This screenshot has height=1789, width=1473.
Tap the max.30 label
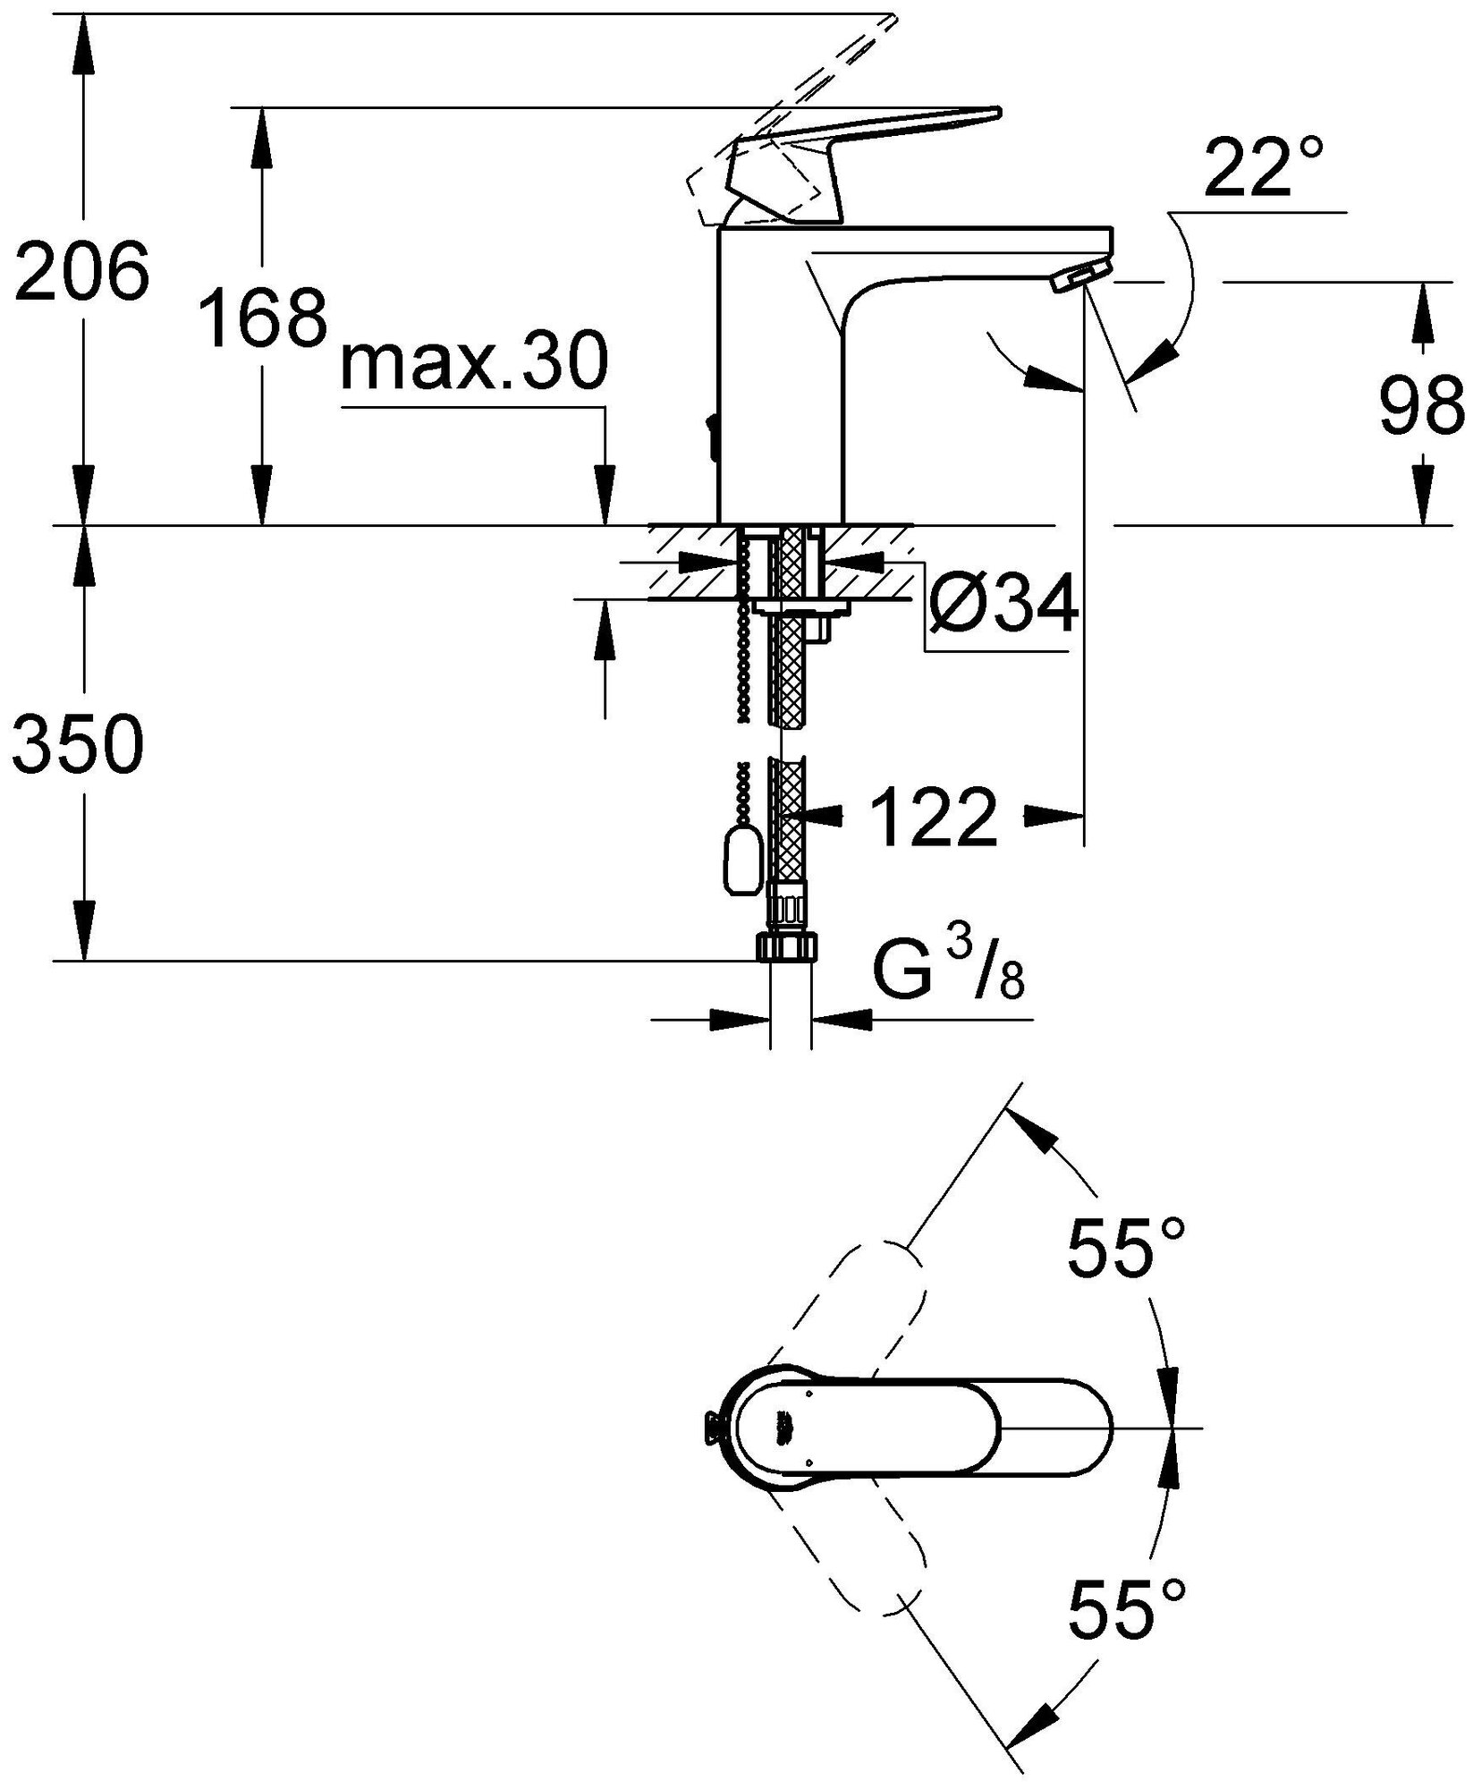pyautogui.click(x=474, y=362)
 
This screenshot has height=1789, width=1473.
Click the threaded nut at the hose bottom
pyautogui.click(x=787, y=945)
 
